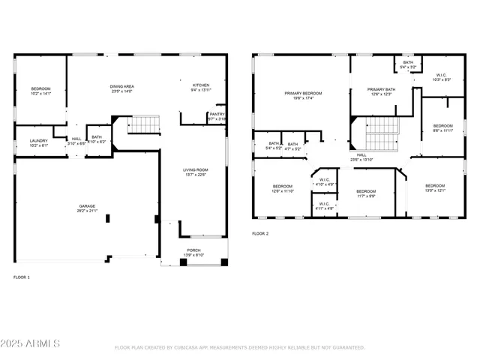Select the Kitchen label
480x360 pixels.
pos(201,87)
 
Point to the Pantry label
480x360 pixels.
pos(216,116)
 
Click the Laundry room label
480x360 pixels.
pos(39,142)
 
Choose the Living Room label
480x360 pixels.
pos(196,172)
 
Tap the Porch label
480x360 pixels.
pos(193,253)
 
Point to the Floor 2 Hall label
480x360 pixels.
pos(361,157)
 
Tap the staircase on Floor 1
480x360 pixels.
pos(144,124)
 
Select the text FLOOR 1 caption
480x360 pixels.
pos(22,277)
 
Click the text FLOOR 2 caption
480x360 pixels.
pos(260,234)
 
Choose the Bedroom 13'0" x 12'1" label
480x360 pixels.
pos(435,187)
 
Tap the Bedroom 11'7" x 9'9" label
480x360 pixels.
pos(365,193)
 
